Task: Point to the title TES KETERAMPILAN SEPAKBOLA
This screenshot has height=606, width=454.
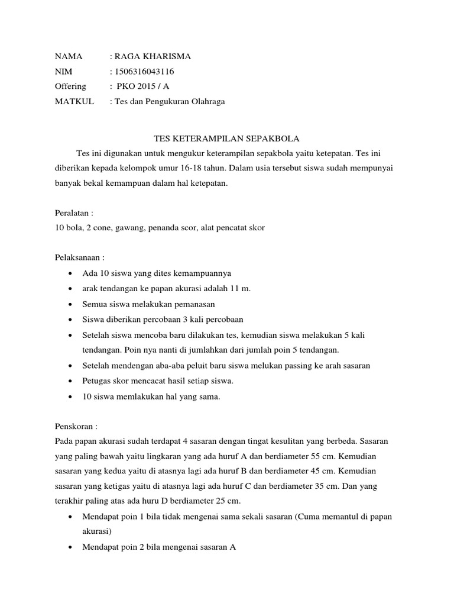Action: pyautogui.click(x=227, y=139)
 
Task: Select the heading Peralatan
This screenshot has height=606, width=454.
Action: pyautogui.click(x=74, y=212)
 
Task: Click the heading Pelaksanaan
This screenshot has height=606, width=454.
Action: pyautogui.click(x=79, y=258)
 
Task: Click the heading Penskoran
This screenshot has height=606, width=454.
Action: pyautogui.click(x=75, y=427)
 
